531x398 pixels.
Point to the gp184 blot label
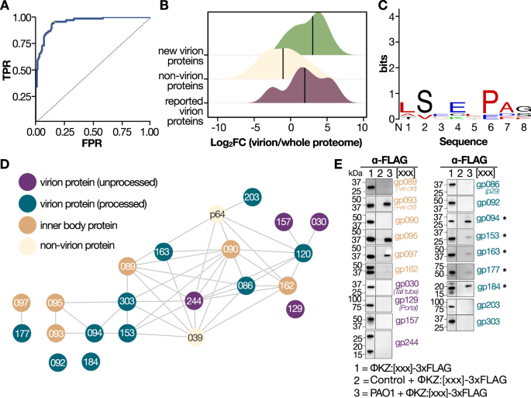point(488,286)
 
